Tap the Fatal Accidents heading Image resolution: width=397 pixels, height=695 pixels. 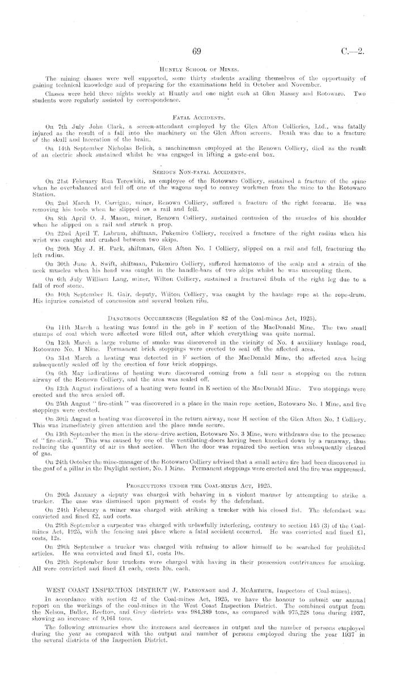(198, 114)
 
